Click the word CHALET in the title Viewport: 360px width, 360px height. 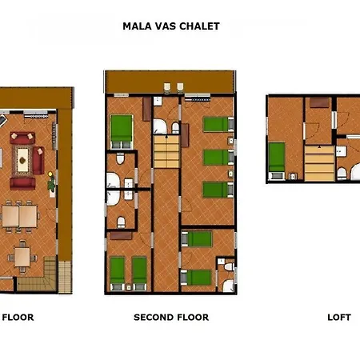tap(199, 26)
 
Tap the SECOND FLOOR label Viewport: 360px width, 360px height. tap(171, 318)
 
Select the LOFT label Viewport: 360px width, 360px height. tap(339, 318)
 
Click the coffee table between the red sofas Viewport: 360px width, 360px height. tap(22, 160)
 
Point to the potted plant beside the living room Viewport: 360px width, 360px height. tap(51, 182)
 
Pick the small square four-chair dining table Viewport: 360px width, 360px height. tap(22, 258)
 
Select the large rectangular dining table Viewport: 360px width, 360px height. tap(19, 216)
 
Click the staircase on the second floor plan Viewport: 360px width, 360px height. tap(166, 152)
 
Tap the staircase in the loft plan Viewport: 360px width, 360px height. tap(319, 163)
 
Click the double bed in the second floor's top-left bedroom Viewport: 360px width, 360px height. tap(122, 131)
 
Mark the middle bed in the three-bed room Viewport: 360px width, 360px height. tap(218, 158)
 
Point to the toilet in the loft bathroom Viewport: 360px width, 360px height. tap(342, 173)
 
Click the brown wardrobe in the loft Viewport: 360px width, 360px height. tap(319, 102)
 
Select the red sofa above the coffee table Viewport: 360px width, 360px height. tap(22, 138)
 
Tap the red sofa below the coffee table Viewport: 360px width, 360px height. tap(22, 184)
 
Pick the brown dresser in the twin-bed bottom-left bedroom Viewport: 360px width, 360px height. tap(121, 236)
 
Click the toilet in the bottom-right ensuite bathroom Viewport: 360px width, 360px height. tap(229, 266)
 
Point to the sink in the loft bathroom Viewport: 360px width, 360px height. tap(341, 151)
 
